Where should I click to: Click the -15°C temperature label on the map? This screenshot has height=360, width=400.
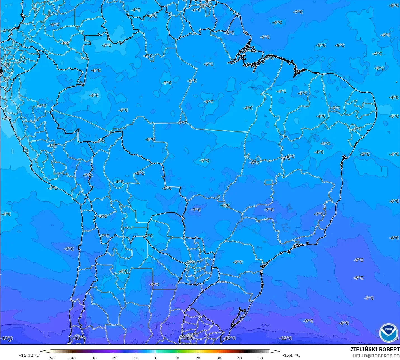point(285,338)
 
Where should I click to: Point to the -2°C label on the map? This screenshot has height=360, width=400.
point(6,119)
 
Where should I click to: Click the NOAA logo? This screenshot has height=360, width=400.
point(388,333)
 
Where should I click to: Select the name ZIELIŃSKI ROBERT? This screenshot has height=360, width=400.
point(375,350)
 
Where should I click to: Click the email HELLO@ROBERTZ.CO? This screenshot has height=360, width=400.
point(376,356)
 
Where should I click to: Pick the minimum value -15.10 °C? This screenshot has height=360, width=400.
point(29,356)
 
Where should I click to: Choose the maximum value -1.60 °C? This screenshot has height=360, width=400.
point(291,356)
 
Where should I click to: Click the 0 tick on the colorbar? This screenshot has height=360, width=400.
point(156,358)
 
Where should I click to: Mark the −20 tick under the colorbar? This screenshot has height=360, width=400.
point(114,358)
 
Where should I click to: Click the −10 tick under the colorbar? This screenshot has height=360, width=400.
point(135,358)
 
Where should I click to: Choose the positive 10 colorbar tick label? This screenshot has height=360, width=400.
point(177,358)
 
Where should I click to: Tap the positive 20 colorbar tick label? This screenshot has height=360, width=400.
point(198,358)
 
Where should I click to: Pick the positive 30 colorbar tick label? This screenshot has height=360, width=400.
point(219,358)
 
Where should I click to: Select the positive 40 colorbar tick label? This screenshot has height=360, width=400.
point(240,358)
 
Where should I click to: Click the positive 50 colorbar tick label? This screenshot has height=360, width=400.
point(261,358)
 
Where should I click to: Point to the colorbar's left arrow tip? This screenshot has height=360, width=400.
point(41,351)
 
